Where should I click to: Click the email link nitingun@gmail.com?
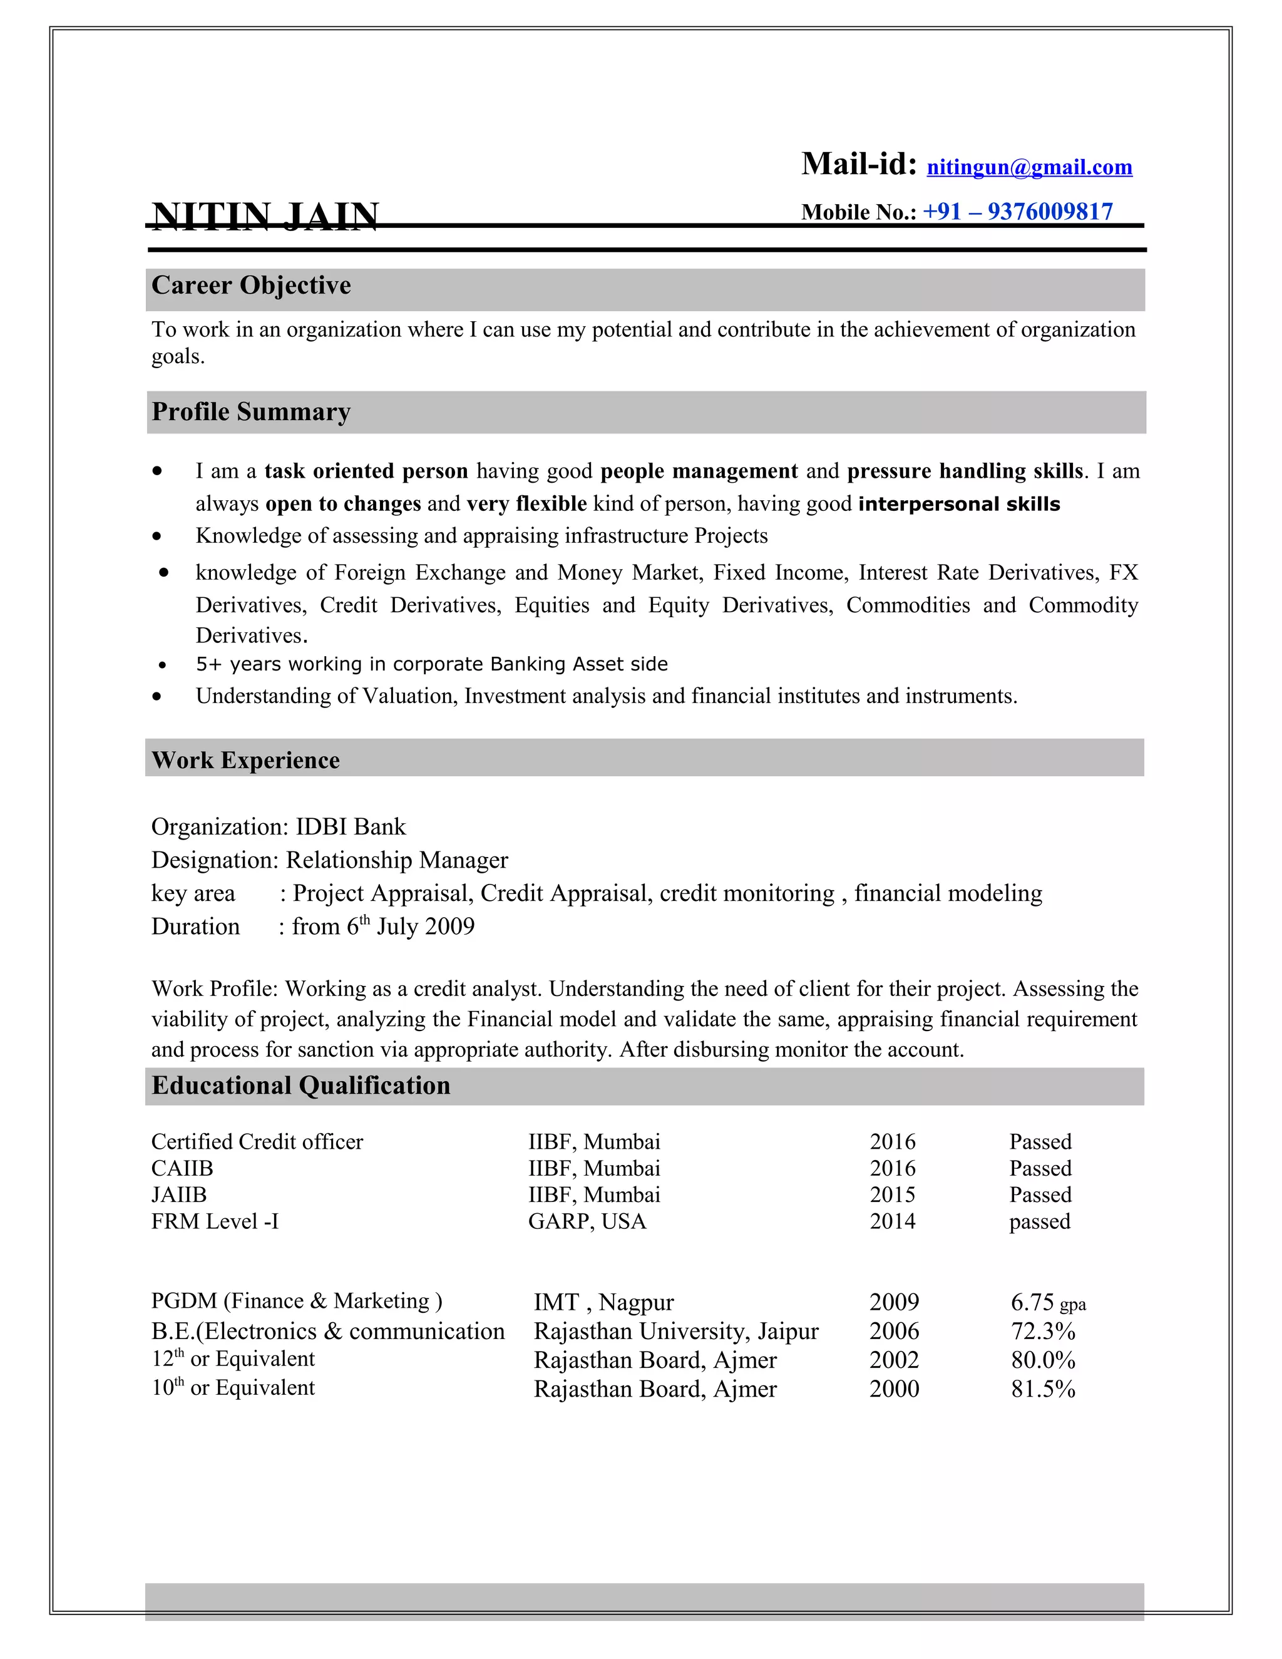tap(1029, 167)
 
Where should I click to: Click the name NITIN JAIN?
tap(265, 216)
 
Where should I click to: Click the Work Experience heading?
tap(245, 761)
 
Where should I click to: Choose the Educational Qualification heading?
tap(300, 1086)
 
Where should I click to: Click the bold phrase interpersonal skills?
tap(958, 505)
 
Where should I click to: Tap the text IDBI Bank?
tap(351, 826)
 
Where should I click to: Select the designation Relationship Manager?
tap(396, 860)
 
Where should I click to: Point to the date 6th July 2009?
tap(410, 927)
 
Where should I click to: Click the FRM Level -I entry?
tap(215, 1221)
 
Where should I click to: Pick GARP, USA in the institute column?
tap(587, 1221)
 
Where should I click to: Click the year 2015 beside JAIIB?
tap(893, 1195)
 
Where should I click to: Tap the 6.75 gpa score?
tap(1047, 1303)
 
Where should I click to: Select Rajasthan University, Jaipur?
tap(676, 1332)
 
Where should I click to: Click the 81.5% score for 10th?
tap(1043, 1389)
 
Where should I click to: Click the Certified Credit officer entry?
tap(257, 1142)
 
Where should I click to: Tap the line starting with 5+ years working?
tap(431, 665)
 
